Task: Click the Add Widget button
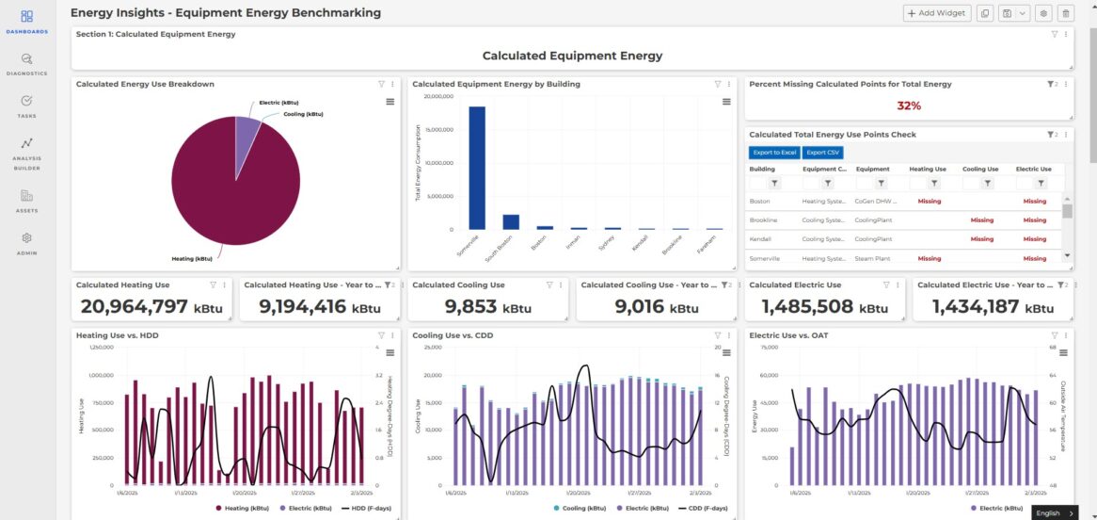pyautogui.click(x=937, y=13)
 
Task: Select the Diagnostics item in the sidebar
pyautogui.click(x=26, y=63)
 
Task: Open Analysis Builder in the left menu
pyautogui.click(x=26, y=151)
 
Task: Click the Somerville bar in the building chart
pyautogui.click(x=477, y=168)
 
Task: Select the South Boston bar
pyautogui.click(x=511, y=221)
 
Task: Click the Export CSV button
pyautogui.click(x=822, y=153)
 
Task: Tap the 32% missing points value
pyautogui.click(x=908, y=106)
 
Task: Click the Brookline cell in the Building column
pyautogui.click(x=763, y=220)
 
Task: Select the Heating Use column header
pyautogui.click(x=928, y=170)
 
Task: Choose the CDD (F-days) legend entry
pyautogui.click(x=696, y=508)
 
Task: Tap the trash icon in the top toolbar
pyautogui.click(x=1065, y=13)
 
